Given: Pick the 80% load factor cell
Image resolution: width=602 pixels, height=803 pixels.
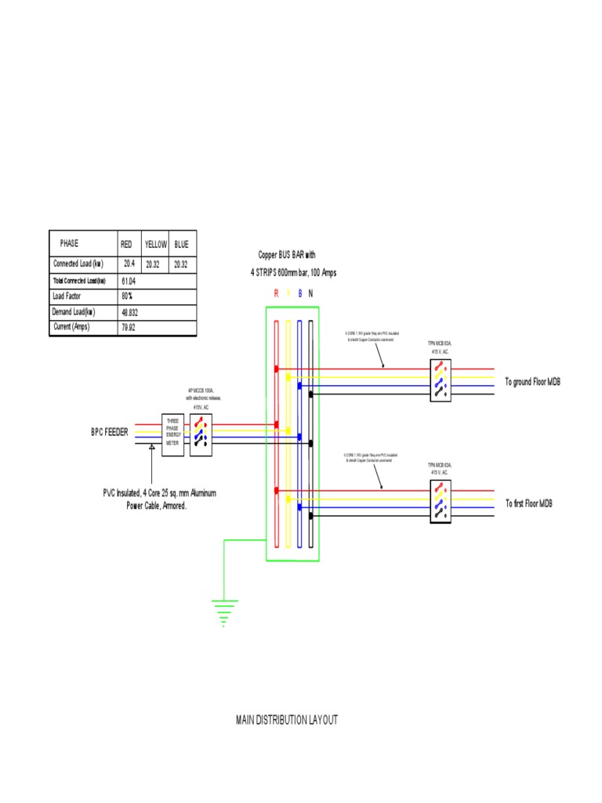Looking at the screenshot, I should click(127, 296).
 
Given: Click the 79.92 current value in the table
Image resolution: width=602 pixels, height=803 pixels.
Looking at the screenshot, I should click(129, 327).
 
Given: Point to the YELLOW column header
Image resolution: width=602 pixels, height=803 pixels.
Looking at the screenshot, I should click(155, 245).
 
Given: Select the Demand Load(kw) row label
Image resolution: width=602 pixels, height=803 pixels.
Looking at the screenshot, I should click(74, 311).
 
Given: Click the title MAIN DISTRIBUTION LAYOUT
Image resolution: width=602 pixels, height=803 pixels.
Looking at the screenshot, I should click(287, 720).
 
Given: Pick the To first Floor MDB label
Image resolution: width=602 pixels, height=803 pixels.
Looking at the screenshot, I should click(528, 503).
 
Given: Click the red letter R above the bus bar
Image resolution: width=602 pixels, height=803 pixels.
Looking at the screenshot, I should click(276, 293).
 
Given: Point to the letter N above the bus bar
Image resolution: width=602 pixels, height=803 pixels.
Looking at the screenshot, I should click(311, 293).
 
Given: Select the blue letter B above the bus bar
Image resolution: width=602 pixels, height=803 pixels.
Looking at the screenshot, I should click(300, 293).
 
